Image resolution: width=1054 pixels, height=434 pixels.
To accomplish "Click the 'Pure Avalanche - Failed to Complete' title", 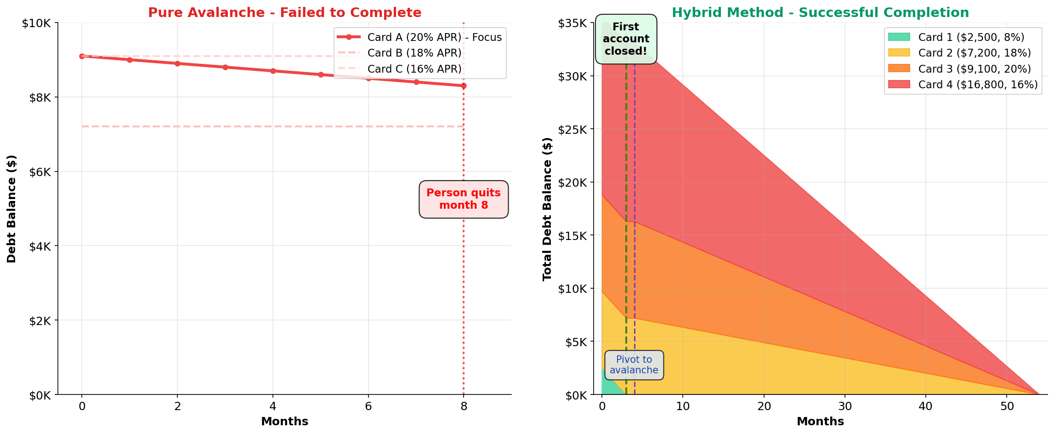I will pyautogui.click(x=284, y=12).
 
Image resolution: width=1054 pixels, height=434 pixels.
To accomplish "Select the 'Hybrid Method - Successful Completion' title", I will pyautogui.click(x=820, y=12).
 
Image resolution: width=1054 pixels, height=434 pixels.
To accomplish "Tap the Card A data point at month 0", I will pyautogui.click(x=82, y=56).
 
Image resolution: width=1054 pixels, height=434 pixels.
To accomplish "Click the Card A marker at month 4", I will pyautogui.click(x=273, y=71).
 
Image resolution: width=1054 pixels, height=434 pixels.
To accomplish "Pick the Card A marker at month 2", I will pyautogui.click(x=177, y=63).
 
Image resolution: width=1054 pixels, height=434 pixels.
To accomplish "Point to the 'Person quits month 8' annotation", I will pyautogui.click(x=463, y=199).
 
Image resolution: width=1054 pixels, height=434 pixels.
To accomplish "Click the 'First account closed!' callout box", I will pyautogui.click(x=626, y=39).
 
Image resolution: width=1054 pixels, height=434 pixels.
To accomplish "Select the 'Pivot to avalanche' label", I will pyautogui.click(x=634, y=365).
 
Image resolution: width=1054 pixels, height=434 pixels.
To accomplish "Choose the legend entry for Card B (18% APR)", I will pyautogui.click(x=414, y=53).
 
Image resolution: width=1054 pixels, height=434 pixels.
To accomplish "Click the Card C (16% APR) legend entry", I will pyautogui.click(x=414, y=69).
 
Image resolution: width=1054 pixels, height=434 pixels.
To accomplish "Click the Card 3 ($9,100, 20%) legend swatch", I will pyautogui.click(x=899, y=69).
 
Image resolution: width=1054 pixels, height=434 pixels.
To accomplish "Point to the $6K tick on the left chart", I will pyautogui.click(x=40, y=172).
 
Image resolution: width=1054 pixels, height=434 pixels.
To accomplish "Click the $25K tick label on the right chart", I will pyautogui.click(x=572, y=129).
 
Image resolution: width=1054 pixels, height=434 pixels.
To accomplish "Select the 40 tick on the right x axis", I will pyautogui.click(x=925, y=406).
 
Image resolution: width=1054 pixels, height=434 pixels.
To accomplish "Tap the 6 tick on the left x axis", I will pyautogui.click(x=368, y=406).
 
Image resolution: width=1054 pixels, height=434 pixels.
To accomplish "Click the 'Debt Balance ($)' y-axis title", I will pyautogui.click(x=11, y=209).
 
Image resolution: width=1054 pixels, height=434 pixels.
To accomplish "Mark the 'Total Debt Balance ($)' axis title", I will pyautogui.click(x=547, y=209).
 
